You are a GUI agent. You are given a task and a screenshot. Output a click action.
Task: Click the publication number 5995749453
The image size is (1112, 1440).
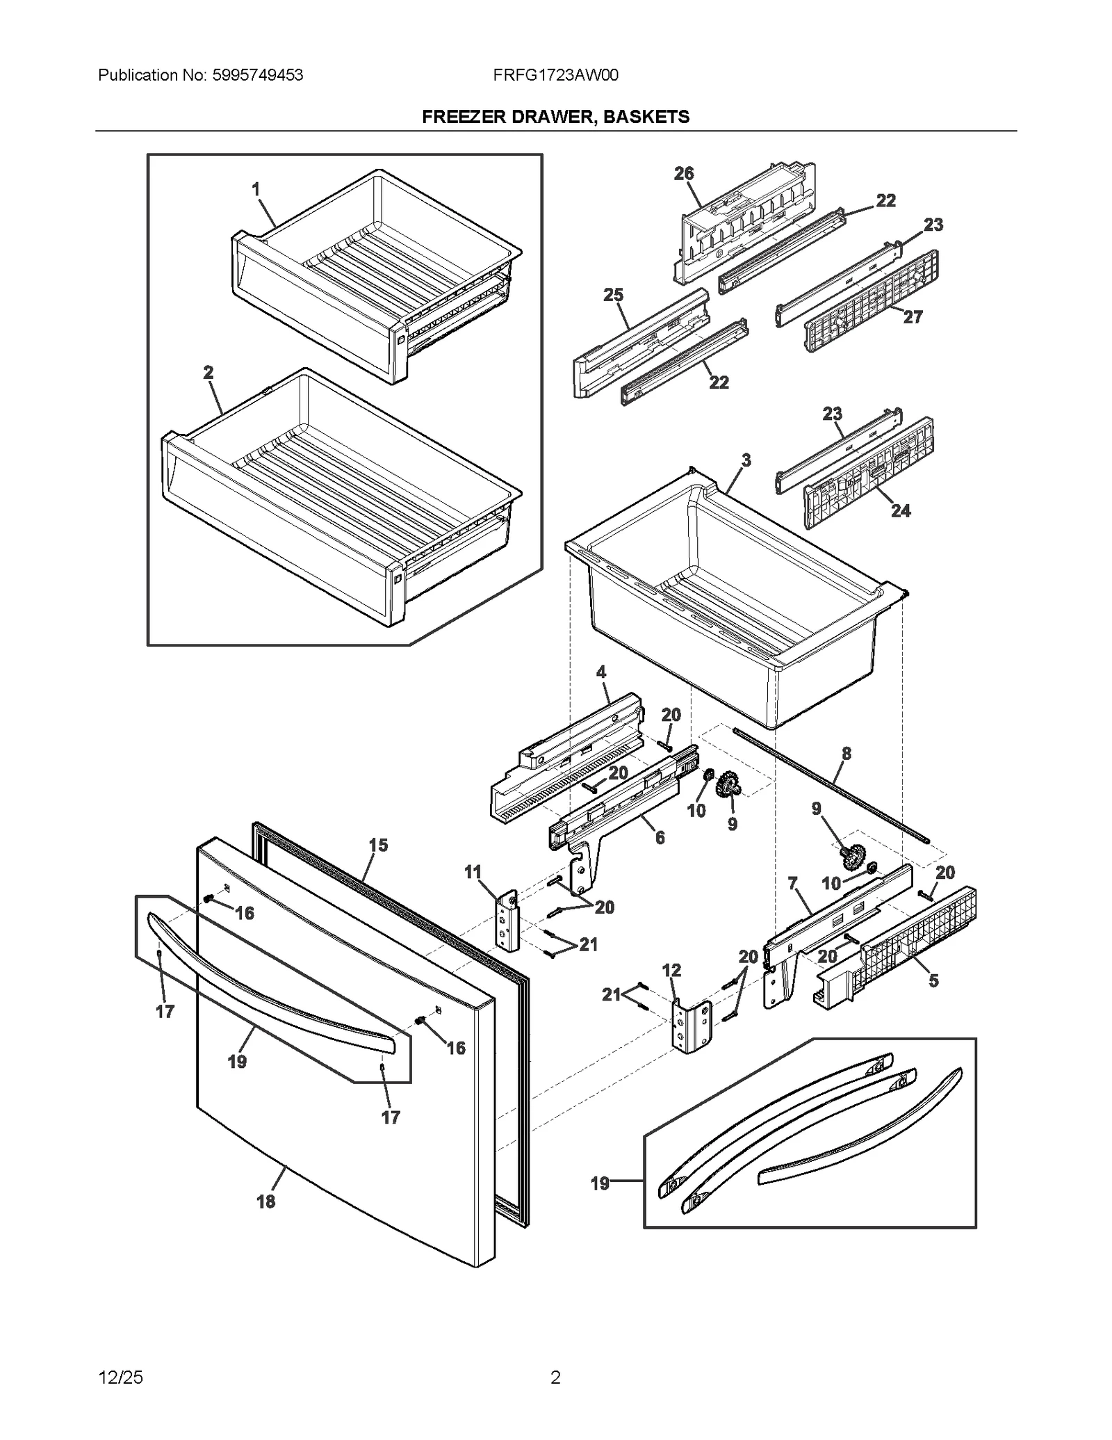click(256, 75)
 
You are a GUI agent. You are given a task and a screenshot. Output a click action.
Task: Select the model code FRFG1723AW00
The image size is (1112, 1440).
click(555, 75)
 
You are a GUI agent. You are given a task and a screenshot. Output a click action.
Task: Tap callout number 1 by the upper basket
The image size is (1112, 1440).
click(256, 188)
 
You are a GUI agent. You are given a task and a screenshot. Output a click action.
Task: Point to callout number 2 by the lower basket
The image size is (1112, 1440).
click(208, 373)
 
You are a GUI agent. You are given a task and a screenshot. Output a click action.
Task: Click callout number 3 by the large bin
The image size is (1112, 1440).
click(746, 460)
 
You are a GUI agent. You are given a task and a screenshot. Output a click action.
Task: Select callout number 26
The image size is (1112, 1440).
click(684, 174)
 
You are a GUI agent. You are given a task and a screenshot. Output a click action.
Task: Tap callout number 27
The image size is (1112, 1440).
click(913, 317)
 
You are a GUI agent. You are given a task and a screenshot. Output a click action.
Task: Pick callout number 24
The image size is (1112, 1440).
click(901, 510)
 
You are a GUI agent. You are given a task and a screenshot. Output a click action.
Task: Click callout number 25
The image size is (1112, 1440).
click(613, 295)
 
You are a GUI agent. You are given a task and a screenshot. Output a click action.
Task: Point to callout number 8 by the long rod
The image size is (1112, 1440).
click(846, 753)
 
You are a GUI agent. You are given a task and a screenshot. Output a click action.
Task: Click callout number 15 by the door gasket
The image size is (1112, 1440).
click(378, 846)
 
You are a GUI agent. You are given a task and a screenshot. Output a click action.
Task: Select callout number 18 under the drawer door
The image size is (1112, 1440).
click(265, 1201)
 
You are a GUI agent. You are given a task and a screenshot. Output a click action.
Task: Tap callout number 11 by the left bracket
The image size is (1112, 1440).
click(473, 872)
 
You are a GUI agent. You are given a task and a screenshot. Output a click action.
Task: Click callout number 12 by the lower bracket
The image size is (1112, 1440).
click(671, 970)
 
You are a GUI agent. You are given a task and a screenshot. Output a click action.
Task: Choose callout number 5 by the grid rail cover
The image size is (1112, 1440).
click(933, 980)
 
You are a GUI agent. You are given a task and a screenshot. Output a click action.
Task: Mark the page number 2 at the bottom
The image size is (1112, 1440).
click(555, 1377)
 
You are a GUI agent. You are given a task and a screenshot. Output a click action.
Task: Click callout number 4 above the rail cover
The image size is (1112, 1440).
click(600, 672)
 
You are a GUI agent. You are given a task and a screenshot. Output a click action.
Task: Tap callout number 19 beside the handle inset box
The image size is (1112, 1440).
click(600, 1183)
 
